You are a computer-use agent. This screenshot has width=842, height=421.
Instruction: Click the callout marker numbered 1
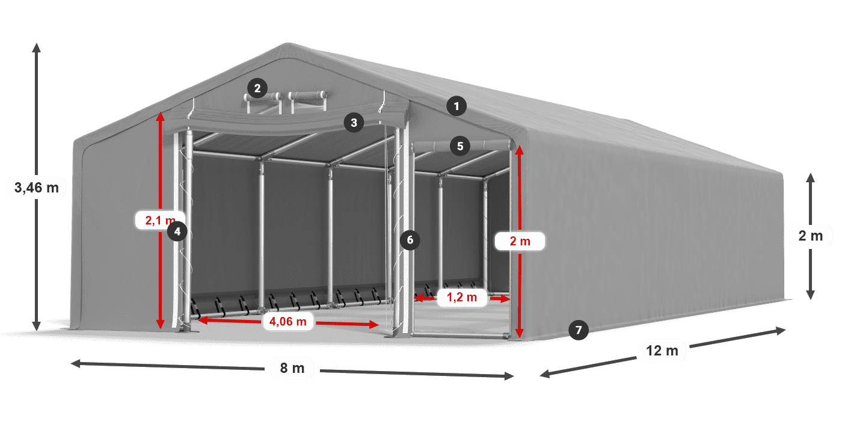tap(456, 106)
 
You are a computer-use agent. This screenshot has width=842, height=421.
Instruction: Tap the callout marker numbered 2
tap(257, 88)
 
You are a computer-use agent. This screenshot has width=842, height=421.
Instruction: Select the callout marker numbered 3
tap(354, 123)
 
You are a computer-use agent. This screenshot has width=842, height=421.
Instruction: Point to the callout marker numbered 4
tap(177, 231)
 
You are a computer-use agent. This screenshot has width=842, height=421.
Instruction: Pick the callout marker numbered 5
tap(460, 146)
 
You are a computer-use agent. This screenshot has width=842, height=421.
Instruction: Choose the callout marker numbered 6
tap(410, 240)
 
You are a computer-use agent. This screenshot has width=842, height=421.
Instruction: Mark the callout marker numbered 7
tap(578, 330)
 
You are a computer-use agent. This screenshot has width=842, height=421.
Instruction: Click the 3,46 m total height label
tap(37, 188)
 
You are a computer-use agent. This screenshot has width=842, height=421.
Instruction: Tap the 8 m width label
tap(292, 368)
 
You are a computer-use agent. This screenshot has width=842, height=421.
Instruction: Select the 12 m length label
tap(662, 351)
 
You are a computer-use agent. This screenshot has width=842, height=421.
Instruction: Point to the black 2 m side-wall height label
tap(811, 236)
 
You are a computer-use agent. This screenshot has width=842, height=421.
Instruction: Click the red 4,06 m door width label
tap(288, 321)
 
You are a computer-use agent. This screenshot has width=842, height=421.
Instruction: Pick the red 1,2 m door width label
tap(462, 297)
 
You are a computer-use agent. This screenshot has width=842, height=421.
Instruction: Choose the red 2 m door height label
tap(520, 241)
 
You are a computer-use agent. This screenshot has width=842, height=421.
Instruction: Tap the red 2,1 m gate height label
tap(161, 220)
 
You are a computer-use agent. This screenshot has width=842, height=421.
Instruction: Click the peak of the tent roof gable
tap(288, 43)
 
